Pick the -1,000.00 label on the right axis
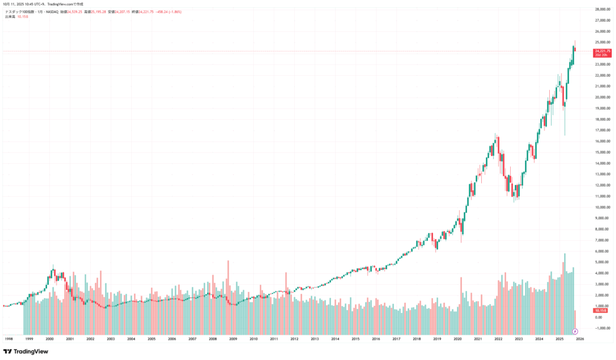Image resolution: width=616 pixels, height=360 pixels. click(594, 328)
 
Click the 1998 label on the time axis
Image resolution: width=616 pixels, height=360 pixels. click(8, 339)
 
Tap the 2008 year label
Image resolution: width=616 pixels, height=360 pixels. click(212, 339)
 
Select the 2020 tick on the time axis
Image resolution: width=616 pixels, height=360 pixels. click(457, 339)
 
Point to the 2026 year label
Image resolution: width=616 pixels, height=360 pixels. click(580, 339)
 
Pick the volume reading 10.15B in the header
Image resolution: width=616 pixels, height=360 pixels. click(23, 17)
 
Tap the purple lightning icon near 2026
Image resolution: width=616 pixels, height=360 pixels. click(575, 331)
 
